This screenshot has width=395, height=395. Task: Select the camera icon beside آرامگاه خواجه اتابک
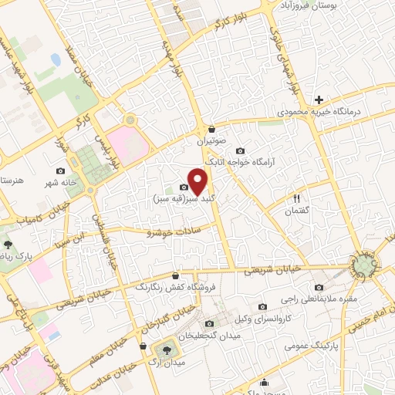pos(240,150)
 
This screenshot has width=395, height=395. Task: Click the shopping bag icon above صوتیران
pos(211,129)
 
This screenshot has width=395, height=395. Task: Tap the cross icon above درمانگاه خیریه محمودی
pos(319,100)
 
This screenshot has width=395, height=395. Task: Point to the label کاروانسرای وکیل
pos(269,319)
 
